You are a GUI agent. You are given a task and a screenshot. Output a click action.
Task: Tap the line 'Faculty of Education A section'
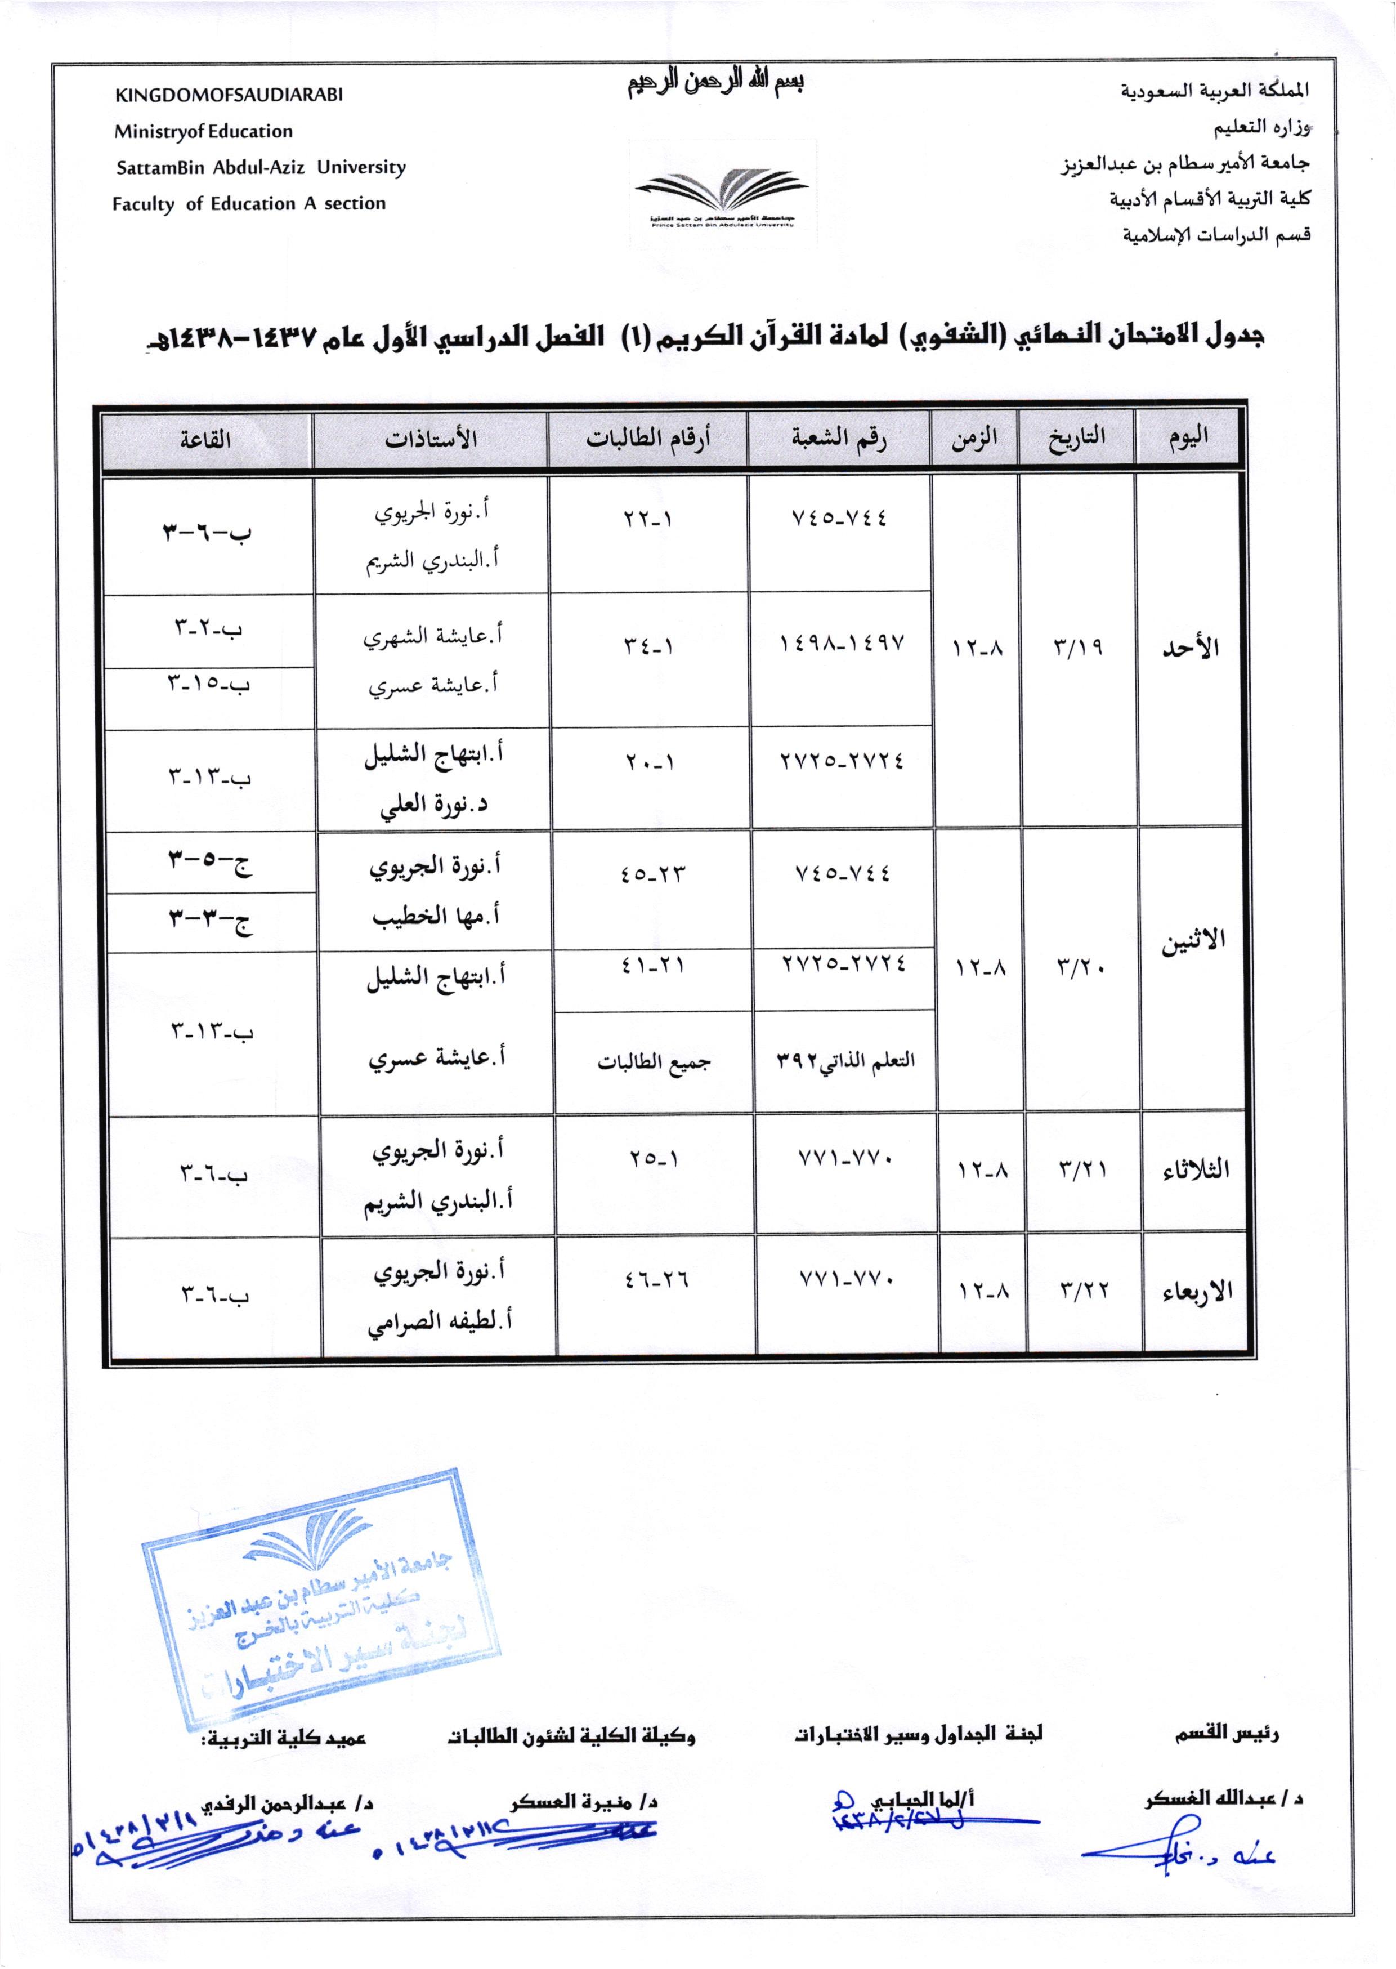pos(248,204)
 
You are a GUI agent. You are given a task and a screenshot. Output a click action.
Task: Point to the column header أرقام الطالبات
pos(647,439)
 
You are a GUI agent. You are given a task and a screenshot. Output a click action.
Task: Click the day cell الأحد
pos(1191,648)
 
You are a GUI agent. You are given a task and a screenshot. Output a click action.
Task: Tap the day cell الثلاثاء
pos(1196,1169)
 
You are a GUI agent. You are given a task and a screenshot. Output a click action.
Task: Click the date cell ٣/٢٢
pos(1084,1290)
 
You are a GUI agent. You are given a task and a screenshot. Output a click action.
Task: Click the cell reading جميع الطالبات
pos(654,1062)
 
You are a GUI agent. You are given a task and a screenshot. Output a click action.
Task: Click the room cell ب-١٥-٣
pos(208,685)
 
